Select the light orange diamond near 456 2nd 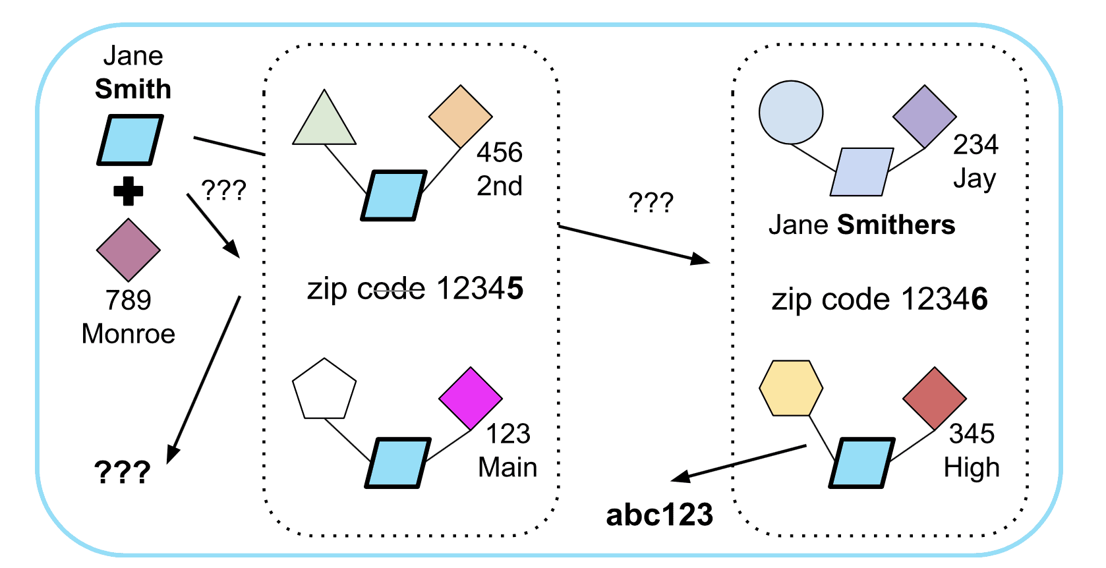click(460, 117)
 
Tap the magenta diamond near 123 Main click(470, 399)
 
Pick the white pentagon click(324, 391)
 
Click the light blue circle click(790, 113)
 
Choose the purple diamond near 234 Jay click(924, 117)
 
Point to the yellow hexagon click(790, 387)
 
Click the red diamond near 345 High click(934, 399)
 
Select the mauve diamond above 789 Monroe click(128, 250)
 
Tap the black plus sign click(128, 191)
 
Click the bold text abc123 click(659, 515)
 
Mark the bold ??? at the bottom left click(122, 472)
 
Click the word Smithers click(896, 225)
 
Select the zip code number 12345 click(480, 289)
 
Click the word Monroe click(128, 334)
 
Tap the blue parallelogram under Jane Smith click(130, 140)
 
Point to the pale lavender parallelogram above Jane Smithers click(861, 172)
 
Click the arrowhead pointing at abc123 click(681, 477)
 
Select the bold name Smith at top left click(132, 89)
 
